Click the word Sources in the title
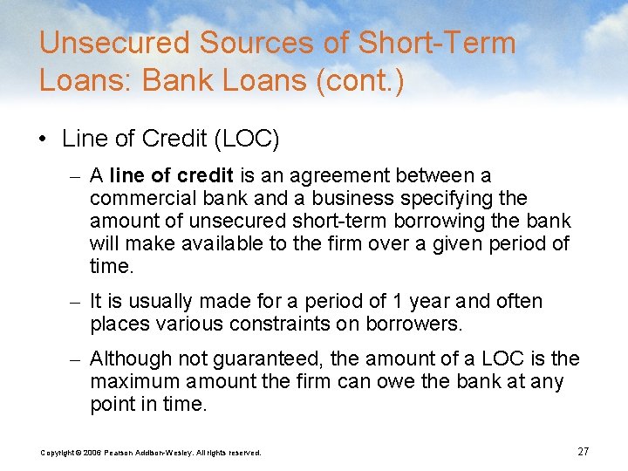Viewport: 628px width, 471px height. pos(239,43)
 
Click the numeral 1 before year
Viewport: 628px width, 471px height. pos(395,302)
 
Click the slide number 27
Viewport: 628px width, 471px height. pos(584,451)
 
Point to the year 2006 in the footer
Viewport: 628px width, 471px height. pos(92,452)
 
